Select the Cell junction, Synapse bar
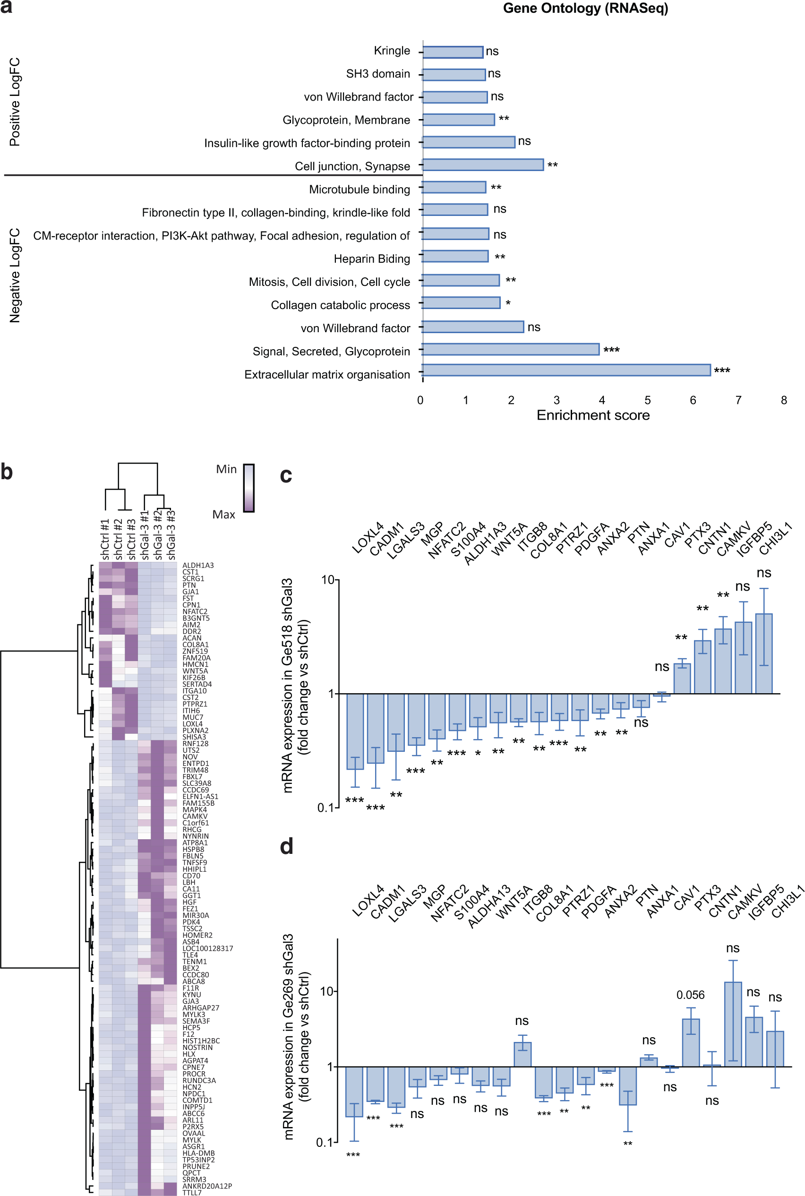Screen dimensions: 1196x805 483,165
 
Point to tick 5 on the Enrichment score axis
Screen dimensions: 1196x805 647,400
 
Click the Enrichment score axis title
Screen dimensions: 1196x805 593,415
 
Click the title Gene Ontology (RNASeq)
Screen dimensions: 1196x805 585,9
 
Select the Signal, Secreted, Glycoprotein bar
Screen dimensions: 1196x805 510,349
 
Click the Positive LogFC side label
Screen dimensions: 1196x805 15,102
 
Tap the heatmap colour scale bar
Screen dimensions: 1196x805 248,488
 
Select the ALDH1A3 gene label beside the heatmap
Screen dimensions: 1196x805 198,565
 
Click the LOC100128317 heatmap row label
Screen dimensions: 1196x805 207,948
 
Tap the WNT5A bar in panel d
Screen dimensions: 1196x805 522,1054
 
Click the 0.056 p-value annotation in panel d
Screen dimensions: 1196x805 690,995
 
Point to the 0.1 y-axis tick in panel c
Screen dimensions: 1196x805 325,808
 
